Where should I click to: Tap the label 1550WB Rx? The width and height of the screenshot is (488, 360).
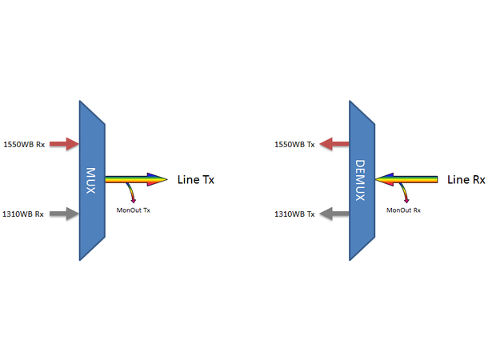pyautogui.click(x=25, y=144)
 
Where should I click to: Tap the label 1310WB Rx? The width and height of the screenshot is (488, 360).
pyautogui.click(x=25, y=214)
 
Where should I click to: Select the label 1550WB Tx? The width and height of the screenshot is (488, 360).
pyautogui.click(x=294, y=144)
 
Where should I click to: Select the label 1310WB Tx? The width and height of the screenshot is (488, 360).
pyautogui.click(x=294, y=214)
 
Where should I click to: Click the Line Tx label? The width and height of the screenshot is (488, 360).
pyautogui.click(x=196, y=179)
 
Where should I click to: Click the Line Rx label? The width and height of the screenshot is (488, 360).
pyautogui.click(x=466, y=179)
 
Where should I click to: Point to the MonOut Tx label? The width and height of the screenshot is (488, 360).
pyautogui.click(x=133, y=210)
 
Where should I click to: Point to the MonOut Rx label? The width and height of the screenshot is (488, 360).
pyautogui.click(x=403, y=210)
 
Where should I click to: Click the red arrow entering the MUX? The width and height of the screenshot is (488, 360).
pyautogui.click(x=64, y=144)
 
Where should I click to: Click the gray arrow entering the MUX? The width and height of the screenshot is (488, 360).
pyautogui.click(x=64, y=214)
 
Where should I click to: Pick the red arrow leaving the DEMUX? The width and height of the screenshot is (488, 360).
pyautogui.click(x=334, y=144)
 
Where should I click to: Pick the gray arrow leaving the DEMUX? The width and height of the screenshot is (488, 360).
pyautogui.click(x=334, y=214)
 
